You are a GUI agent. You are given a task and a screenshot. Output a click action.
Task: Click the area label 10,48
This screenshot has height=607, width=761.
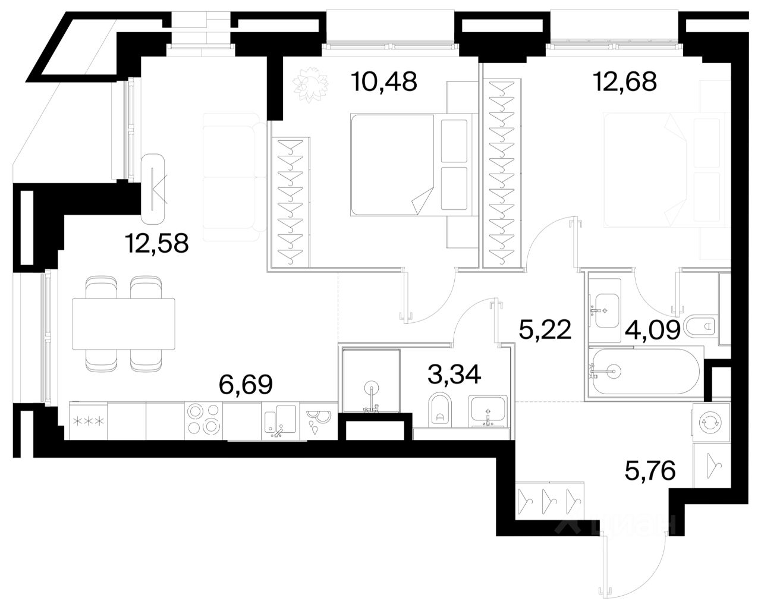[384, 81]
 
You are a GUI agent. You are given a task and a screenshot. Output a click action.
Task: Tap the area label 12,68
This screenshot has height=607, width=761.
[625, 81]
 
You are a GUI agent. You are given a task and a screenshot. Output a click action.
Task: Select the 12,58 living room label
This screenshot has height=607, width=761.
[157, 243]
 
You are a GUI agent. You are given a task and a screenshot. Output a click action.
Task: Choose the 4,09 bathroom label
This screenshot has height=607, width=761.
[653, 330]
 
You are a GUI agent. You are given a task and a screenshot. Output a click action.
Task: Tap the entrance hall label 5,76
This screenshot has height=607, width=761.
[650, 470]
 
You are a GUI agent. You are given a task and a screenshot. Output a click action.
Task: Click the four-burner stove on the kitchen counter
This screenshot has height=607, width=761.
[203, 420]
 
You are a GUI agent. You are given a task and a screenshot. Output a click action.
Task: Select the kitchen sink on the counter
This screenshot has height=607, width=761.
[281, 420]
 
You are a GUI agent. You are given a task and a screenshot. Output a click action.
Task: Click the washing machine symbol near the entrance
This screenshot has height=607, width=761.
[711, 422]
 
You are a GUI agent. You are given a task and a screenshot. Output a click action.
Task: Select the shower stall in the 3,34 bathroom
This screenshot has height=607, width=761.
[371, 380]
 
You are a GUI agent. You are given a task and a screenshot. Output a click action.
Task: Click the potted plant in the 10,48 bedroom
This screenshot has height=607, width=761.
[310, 85]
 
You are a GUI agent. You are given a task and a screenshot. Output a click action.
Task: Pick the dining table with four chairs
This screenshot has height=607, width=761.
[124, 324]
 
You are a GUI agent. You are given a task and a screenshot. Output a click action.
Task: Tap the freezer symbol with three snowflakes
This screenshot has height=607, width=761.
[88, 420]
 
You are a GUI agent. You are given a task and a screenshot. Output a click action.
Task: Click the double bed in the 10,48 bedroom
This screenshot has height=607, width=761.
[411, 165]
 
